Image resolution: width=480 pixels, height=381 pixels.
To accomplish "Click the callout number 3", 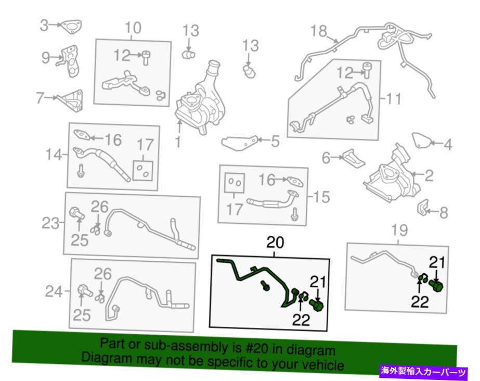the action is pyautogui.click(x=44, y=25).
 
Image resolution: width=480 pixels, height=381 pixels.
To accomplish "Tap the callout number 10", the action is pyautogui.click(x=133, y=28).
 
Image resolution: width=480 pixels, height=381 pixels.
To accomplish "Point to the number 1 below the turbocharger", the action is pyautogui.click(x=178, y=142).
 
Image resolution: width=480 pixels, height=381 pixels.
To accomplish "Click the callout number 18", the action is pyautogui.click(x=319, y=31).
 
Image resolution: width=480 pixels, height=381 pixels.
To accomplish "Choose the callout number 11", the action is pyautogui.click(x=394, y=98).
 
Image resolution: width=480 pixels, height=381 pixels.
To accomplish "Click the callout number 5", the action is pyautogui.click(x=275, y=141).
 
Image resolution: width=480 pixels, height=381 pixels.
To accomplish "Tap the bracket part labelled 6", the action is pyautogui.click(x=354, y=158).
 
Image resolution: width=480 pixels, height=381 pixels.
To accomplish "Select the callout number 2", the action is pyautogui.click(x=429, y=175).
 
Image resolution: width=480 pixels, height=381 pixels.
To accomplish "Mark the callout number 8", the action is pyautogui.click(x=444, y=212).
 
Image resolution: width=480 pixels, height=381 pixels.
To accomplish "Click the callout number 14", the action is pyautogui.click(x=54, y=155).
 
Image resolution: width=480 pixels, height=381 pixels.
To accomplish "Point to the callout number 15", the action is pyautogui.click(x=321, y=197).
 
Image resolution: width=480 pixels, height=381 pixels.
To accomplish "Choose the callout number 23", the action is pyautogui.click(x=50, y=223).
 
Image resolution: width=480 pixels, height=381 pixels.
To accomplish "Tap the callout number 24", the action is pyautogui.click(x=54, y=291).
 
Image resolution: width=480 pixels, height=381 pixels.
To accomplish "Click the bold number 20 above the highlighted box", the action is pyautogui.click(x=275, y=242).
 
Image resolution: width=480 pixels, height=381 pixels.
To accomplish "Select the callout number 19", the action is pyautogui.click(x=399, y=230).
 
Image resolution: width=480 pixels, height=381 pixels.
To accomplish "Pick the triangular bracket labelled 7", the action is pyautogui.click(x=72, y=100).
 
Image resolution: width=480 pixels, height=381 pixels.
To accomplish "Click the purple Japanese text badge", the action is pyautogui.click(x=424, y=372).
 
